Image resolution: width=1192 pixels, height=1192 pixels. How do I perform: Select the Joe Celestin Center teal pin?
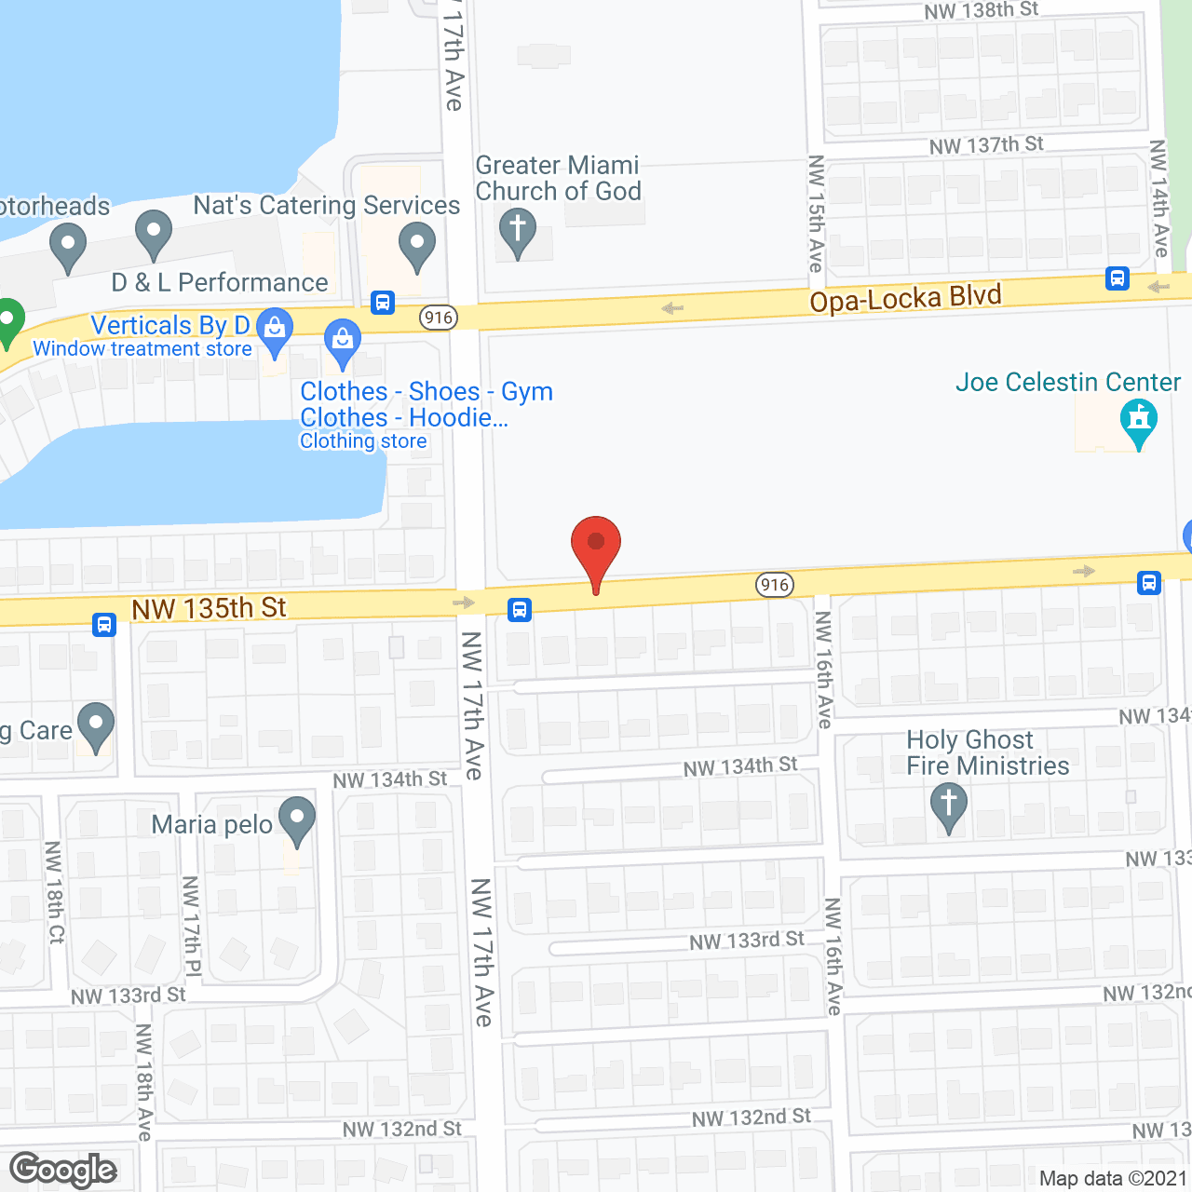pyautogui.click(x=1138, y=421)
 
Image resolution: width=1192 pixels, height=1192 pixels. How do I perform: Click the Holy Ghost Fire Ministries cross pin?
pyautogui.click(x=948, y=806)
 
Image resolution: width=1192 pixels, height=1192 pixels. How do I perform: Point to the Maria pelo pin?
pyautogui.click(x=296, y=820)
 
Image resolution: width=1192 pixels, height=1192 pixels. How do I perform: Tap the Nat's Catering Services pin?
pyautogui.click(x=416, y=247)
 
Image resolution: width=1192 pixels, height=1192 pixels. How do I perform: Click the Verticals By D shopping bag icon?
pyautogui.click(x=274, y=332)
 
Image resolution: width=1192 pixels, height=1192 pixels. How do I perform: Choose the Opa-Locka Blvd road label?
pyautogui.click(x=905, y=299)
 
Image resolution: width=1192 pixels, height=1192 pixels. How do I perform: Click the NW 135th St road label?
pyautogui.click(x=209, y=609)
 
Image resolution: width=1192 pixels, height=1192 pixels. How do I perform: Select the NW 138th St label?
pyautogui.click(x=981, y=11)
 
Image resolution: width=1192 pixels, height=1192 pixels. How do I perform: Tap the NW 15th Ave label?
pyautogui.click(x=817, y=213)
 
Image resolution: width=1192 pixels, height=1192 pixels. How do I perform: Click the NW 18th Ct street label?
pyautogui.click(x=55, y=892)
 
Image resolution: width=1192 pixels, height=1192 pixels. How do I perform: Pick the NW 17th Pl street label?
pyautogui.click(x=192, y=927)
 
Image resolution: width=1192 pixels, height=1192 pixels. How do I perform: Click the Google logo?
pyautogui.click(x=63, y=1170)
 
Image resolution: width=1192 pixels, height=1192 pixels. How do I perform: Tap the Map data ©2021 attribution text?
pyautogui.click(x=1113, y=1178)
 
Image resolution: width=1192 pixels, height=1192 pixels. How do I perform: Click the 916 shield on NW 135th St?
pyautogui.click(x=775, y=585)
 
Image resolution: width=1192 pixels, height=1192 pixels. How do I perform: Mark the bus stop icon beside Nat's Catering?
pyautogui.click(x=382, y=303)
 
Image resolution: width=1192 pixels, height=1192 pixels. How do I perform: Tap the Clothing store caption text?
pyautogui.click(x=363, y=441)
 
